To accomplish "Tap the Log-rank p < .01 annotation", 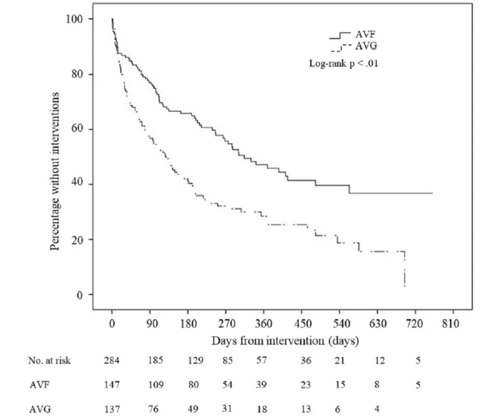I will pos(344,63).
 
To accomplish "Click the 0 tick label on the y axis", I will pos(79,295).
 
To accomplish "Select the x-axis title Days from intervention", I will pos(285,342).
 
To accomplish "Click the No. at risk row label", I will pos(49,361).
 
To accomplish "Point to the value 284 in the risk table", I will pos(112,361).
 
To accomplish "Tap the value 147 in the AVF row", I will pos(112,385).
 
